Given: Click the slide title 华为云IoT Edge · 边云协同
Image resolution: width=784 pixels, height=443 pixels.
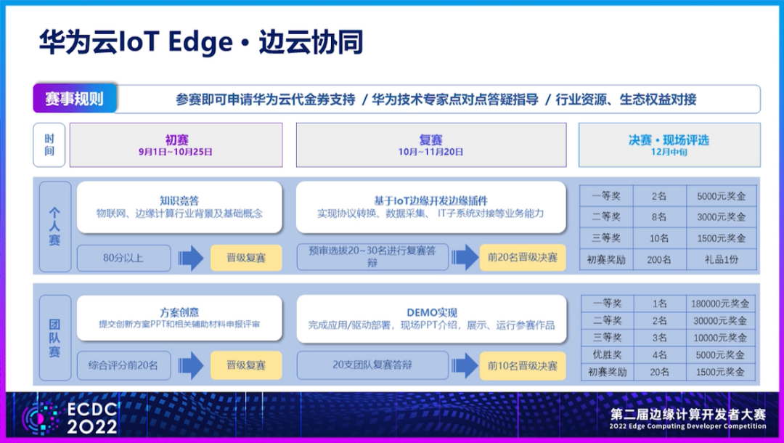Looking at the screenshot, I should point(200,43).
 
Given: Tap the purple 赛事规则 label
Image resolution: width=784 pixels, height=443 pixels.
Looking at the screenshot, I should point(74,99).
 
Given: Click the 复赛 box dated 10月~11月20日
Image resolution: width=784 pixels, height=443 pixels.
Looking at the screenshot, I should point(430,145).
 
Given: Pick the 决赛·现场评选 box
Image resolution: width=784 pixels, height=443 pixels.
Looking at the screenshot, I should point(669,145).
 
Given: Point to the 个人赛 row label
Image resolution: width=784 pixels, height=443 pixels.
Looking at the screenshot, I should point(54,226).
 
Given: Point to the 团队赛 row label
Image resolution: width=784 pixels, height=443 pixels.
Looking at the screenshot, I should point(54,338).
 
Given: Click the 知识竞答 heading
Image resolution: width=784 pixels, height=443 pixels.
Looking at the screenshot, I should point(179,200).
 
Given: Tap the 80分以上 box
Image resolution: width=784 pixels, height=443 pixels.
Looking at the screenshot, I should point(123,258).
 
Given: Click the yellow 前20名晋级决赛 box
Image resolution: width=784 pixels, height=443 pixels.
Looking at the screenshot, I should point(523,257).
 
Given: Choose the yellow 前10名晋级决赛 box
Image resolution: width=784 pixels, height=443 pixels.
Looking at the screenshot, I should point(523,366).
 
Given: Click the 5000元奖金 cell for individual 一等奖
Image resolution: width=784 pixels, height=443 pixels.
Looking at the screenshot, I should point(721,196).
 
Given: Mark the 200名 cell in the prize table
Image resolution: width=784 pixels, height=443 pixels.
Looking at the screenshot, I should point(659,259).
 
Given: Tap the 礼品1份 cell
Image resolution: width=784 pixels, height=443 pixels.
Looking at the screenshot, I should point(721,259).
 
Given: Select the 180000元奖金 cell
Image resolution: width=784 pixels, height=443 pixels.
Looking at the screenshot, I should point(721,304).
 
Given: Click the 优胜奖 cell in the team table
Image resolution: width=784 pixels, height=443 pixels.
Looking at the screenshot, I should point(606,355).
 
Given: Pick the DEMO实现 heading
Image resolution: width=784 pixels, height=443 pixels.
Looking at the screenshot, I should point(431,312).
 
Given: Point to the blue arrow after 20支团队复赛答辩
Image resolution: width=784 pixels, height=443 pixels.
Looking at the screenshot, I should point(462,366).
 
